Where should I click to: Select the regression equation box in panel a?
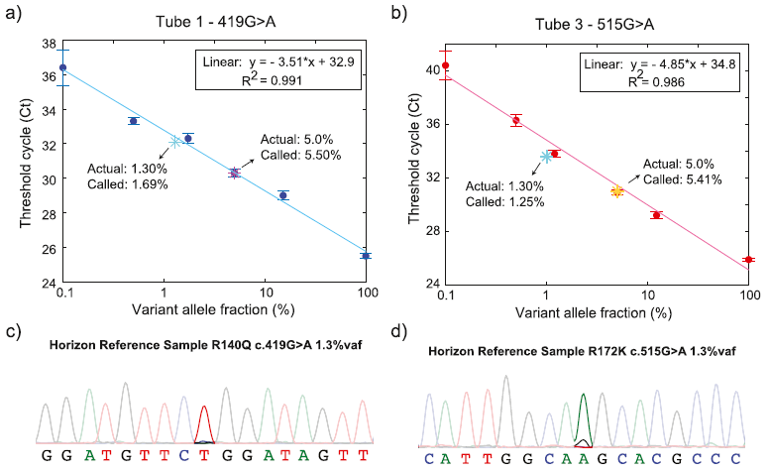[x=296, y=67]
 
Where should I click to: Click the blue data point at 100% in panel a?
[x=366, y=256]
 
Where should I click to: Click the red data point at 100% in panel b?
[x=749, y=260]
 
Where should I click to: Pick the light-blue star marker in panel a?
[x=176, y=142]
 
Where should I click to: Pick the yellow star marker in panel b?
[x=616, y=190]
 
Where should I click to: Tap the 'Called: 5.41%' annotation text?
[x=683, y=179]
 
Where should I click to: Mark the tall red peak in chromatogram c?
[x=204, y=420]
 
